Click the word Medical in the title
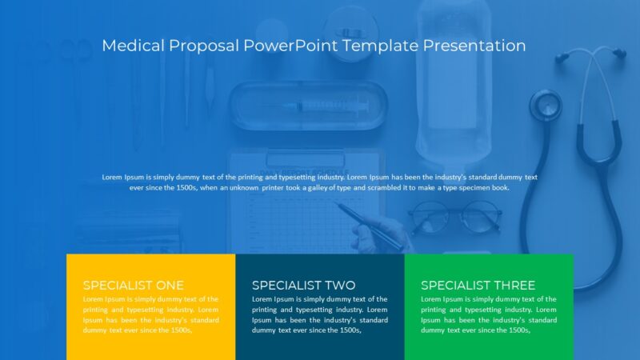point(133,46)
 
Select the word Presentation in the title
point(474,46)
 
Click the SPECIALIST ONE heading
point(133,285)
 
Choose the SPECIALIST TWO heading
point(303,285)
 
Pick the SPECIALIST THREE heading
point(478,285)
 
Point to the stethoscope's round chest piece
point(546,105)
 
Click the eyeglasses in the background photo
point(455,215)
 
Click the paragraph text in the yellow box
point(150,314)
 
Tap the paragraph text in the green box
point(489,314)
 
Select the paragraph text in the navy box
point(319,314)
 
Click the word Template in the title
point(380,46)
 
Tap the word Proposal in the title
point(203,46)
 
